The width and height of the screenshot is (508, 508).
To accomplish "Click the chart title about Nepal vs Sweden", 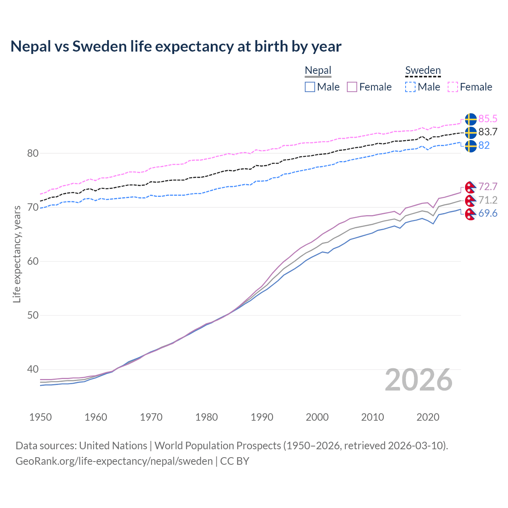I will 176,46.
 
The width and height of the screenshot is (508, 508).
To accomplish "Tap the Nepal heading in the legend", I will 318,71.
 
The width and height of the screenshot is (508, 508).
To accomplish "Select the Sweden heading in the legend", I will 423,71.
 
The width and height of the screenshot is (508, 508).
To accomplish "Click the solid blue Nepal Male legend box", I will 310,87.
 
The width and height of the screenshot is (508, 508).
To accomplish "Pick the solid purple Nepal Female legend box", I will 352,87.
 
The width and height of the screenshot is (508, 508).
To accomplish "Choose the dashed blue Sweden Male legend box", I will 411,87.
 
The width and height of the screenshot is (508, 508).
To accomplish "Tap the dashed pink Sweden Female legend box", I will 453,87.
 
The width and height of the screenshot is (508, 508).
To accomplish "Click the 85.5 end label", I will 488,119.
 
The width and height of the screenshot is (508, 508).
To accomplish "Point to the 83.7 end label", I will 488,132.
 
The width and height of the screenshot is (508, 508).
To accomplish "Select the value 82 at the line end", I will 484,145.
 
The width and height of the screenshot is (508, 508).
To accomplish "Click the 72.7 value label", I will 488,187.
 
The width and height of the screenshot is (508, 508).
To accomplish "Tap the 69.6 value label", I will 488,213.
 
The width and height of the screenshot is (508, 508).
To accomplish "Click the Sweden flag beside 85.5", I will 471,119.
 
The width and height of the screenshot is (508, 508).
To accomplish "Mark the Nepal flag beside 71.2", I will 471,200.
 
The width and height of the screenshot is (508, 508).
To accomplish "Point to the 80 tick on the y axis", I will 33,153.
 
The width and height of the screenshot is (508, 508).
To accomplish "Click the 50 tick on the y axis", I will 33,315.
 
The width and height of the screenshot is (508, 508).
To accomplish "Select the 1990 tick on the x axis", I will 262,417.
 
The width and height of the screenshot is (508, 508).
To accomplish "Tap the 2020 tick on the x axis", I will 428,417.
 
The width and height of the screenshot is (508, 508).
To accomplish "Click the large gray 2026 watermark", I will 419,380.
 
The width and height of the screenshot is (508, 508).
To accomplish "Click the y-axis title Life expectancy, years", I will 17,254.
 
